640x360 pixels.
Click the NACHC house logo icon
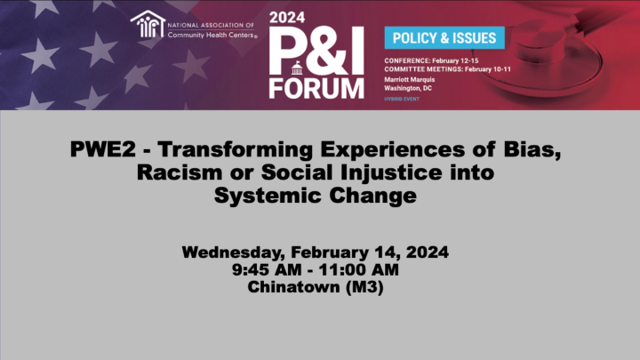coord(148,24)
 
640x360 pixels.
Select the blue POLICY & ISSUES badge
coord(444,37)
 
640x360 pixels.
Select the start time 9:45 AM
coord(267,269)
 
